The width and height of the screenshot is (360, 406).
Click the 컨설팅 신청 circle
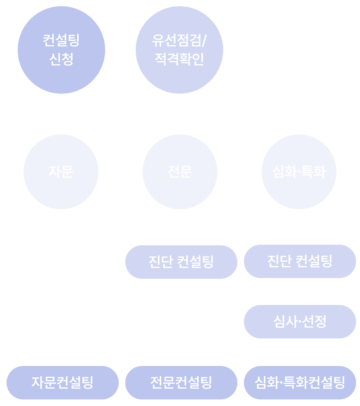[x=61, y=50]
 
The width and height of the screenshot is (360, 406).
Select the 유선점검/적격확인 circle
[x=179, y=50]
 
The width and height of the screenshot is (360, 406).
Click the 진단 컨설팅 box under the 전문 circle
[x=181, y=262]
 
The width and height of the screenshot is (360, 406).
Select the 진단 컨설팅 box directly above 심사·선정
[x=300, y=261]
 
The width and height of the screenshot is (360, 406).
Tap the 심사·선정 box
[x=300, y=321]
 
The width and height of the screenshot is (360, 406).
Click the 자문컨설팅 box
[x=62, y=382]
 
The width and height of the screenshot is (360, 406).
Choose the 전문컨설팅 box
[x=181, y=382]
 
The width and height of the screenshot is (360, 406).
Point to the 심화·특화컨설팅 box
[x=300, y=382]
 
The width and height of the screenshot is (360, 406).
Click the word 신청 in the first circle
[x=61, y=59]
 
